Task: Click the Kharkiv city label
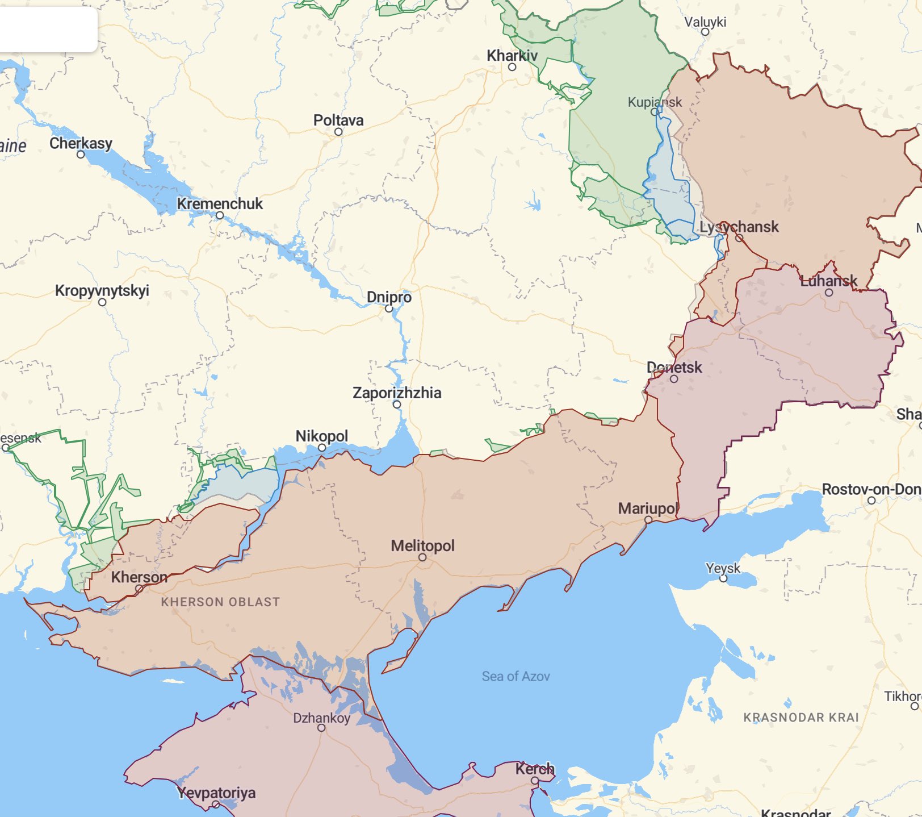(x=512, y=56)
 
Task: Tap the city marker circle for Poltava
(x=338, y=132)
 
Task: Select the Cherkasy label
(x=81, y=143)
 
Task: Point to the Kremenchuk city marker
(x=220, y=215)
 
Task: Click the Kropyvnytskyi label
(x=102, y=290)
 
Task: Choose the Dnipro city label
(x=389, y=297)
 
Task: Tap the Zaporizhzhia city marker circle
(x=397, y=405)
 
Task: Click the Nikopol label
(x=321, y=436)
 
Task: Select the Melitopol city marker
(x=422, y=557)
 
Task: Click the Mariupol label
(x=648, y=508)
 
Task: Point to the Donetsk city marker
(x=674, y=379)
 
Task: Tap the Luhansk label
(x=828, y=281)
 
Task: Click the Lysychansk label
(x=739, y=227)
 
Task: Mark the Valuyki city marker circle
(x=705, y=32)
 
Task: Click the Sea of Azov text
(x=516, y=676)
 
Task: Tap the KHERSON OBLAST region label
(x=220, y=602)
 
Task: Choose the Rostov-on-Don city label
(x=871, y=489)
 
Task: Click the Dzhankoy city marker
(x=321, y=728)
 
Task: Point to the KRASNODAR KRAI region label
(x=801, y=717)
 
